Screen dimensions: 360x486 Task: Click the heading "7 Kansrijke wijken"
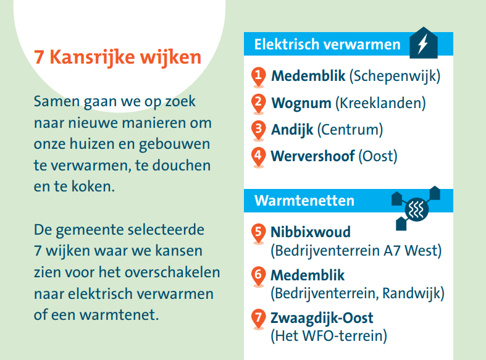pos(117,57)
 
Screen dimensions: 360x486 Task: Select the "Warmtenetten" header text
pos(304,201)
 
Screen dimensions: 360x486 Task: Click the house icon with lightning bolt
pos(422,43)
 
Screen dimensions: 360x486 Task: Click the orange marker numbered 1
pos(259,77)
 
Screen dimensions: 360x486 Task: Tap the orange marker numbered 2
pos(259,104)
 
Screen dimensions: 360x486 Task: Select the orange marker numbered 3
pos(259,130)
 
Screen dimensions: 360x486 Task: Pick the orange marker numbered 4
pos(259,157)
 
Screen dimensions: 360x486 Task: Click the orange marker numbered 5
pos(259,233)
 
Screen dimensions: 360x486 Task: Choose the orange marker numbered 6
pos(259,276)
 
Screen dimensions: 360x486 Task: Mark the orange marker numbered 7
pos(259,319)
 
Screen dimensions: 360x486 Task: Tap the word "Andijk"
pos(292,130)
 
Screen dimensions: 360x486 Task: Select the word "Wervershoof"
pos(312,156)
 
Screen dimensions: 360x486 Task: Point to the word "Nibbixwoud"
pos(311,232)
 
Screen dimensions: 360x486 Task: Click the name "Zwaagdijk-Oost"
pos(322,319)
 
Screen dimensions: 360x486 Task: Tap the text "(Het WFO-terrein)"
pos(329,336)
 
